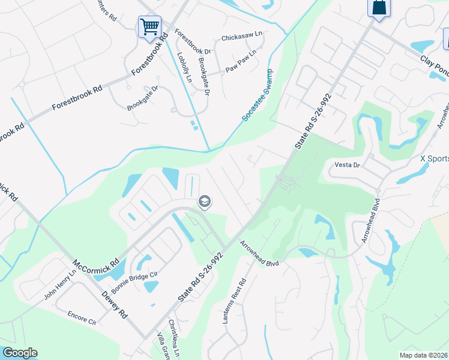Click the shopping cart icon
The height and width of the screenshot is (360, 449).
(x=149, y=26)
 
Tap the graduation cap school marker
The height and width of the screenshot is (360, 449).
(x=204, y=202)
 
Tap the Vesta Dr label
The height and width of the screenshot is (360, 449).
(x=346, y=164)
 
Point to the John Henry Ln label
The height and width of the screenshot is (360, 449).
(x=60, y=284)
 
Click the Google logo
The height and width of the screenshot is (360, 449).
(x=19, y=353)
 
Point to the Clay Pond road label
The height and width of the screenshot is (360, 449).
(x=434, y=64)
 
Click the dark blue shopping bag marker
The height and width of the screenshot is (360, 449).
(x=378, y=8)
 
